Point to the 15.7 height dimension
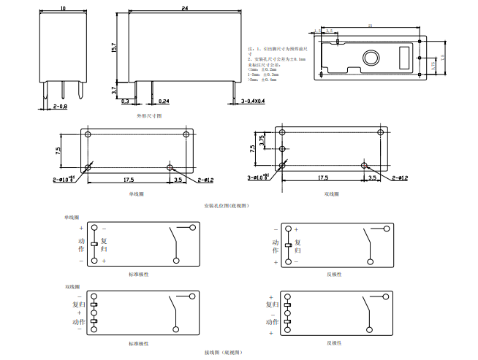click(x=115, y=47)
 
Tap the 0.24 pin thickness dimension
click(x=163, y=101)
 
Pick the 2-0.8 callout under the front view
click(x=60, y=107)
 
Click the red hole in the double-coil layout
click(x=364, y=165)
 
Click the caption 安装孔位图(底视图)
click(x=227, y=206)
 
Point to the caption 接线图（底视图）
click(x=224, y=353)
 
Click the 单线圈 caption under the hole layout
click(x=137, y=194)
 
